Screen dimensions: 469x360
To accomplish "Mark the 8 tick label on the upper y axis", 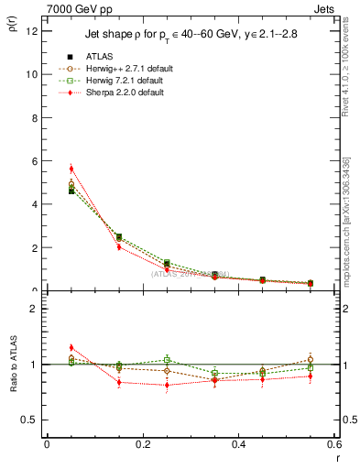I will point(33,117).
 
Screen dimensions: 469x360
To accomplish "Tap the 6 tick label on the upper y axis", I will point(33,160).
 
